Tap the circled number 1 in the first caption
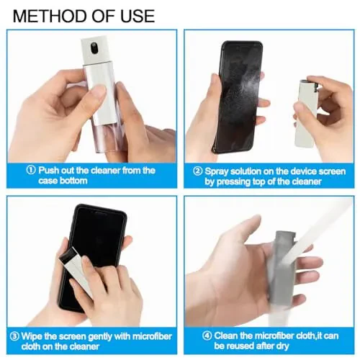coord(30,171)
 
